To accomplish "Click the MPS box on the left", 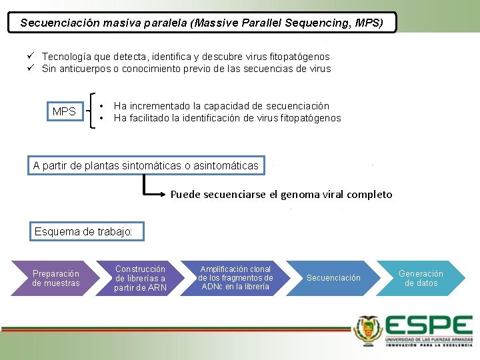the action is coord(64,111).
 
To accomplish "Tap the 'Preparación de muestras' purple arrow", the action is coord(56,278).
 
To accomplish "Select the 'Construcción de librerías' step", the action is coord(140,278).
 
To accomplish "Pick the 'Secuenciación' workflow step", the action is coord(333,278).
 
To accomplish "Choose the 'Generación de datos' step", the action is coord(421,278).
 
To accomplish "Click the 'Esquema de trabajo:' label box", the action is coord(83,232).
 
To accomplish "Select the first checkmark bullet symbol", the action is coord(31,57).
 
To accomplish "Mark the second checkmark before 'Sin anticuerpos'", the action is coord(31,69).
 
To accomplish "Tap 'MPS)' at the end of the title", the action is coord(369,23).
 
